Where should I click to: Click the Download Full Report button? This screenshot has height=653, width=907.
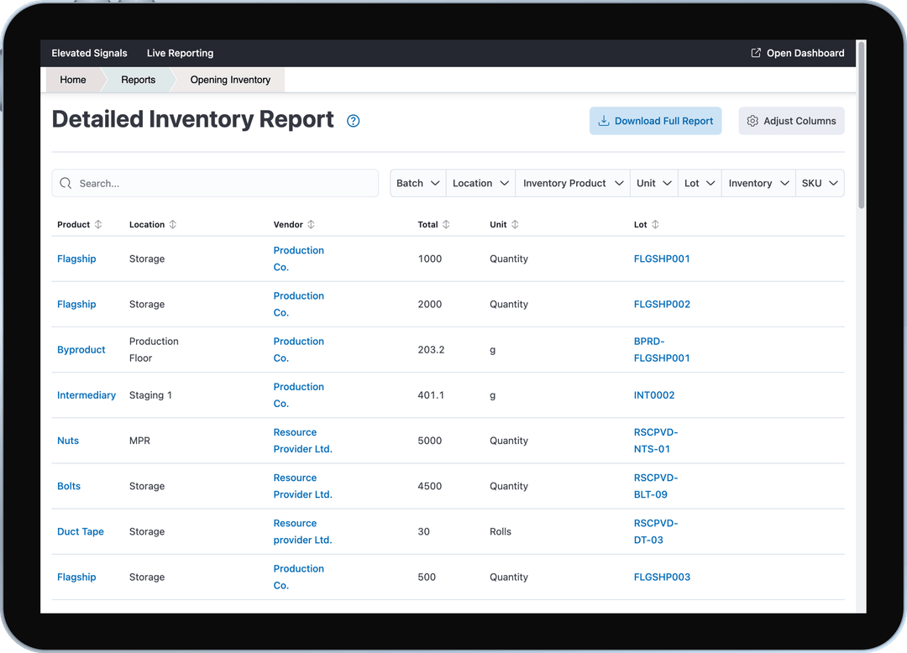point(655,121)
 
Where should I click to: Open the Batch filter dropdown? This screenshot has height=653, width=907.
point(418,183)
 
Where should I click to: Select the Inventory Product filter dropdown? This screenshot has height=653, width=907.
point(573,183)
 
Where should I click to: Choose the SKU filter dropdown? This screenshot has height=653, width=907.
point(820,183)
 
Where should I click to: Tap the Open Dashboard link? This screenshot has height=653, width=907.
point(797,53)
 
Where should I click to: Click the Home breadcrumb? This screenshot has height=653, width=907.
point(73,80)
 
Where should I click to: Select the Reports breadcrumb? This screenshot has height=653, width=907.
point(139,80)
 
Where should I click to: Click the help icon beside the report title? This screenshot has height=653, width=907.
point(354,121)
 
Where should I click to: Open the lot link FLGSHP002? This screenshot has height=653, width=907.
point(662,304)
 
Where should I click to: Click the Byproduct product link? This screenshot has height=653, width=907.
point(81,349)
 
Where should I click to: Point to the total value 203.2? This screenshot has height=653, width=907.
point(431,349)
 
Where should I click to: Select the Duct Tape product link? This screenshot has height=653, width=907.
point(81,531)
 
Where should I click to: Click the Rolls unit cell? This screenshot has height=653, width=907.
point(501,531)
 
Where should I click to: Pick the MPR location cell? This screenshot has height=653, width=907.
point(139,441)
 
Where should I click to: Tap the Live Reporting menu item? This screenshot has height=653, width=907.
point(180,53)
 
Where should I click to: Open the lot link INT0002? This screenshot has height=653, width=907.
point(654,394)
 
